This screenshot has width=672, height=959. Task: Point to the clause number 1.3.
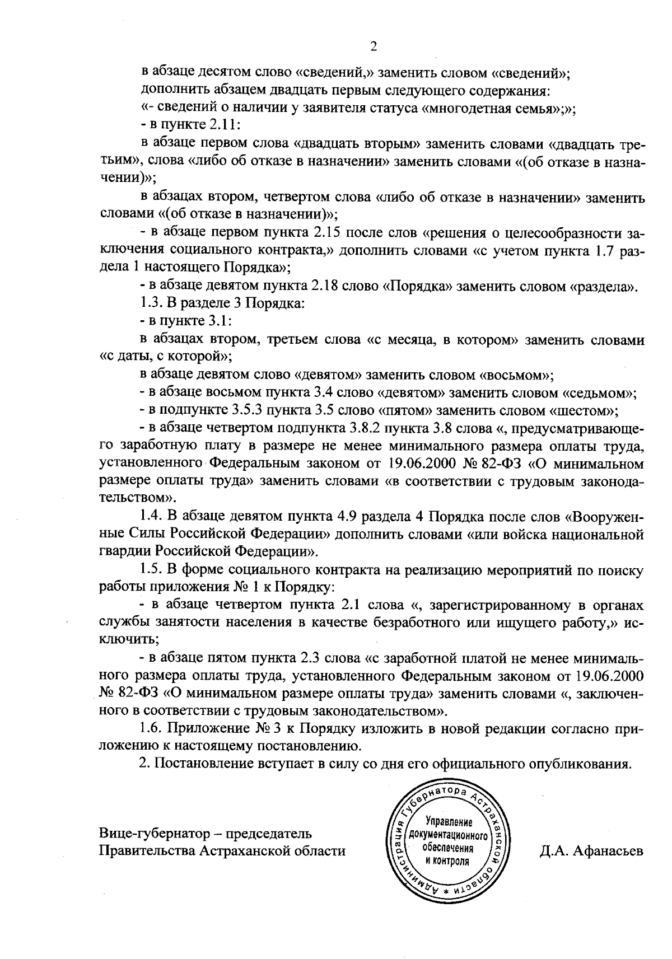[151, 304]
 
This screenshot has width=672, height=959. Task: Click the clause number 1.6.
[152, 728]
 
